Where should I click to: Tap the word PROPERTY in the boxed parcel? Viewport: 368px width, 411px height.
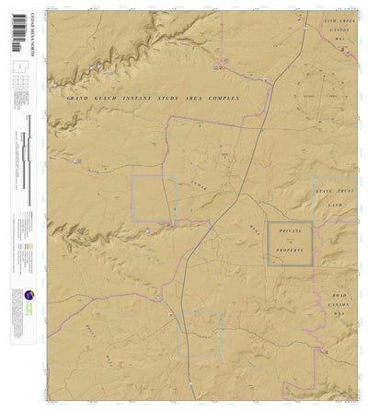pos(290,249)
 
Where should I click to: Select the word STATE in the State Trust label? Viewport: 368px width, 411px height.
pos(325,190)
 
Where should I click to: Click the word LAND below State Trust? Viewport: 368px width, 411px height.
pos(335,204)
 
